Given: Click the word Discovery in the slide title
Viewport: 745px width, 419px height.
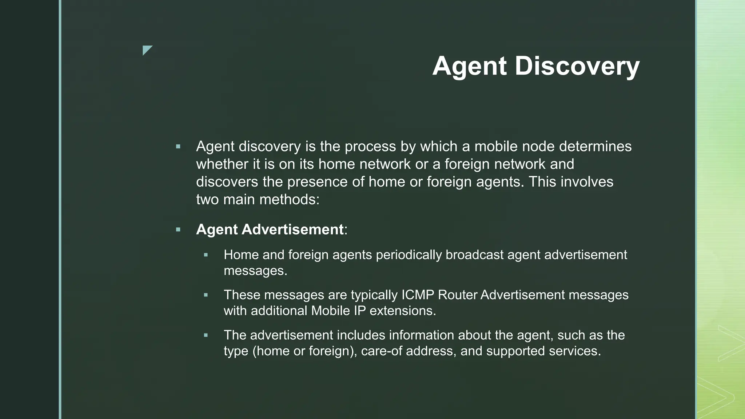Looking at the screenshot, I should pyautogui.click(x=577, y=66).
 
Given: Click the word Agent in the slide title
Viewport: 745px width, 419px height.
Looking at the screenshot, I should pyautogui.click(x=469, y=66).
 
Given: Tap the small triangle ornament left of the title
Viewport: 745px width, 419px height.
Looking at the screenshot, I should pyautogui.click(x=147, y=50).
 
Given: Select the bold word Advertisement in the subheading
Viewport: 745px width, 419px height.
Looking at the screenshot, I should pyautogui.click(x=292, y=230).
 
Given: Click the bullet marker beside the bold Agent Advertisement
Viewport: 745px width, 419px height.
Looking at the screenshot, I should pyautogui.click(x=178, y=230).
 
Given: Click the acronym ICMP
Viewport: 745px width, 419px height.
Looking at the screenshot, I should pyautogui.click(x=418, y=295).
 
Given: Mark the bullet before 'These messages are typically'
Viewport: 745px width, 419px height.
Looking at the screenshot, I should pyautogui.click(x=206, y=295).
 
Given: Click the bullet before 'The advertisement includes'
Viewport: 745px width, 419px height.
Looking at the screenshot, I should pyautogui.click(x=206, y=335).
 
